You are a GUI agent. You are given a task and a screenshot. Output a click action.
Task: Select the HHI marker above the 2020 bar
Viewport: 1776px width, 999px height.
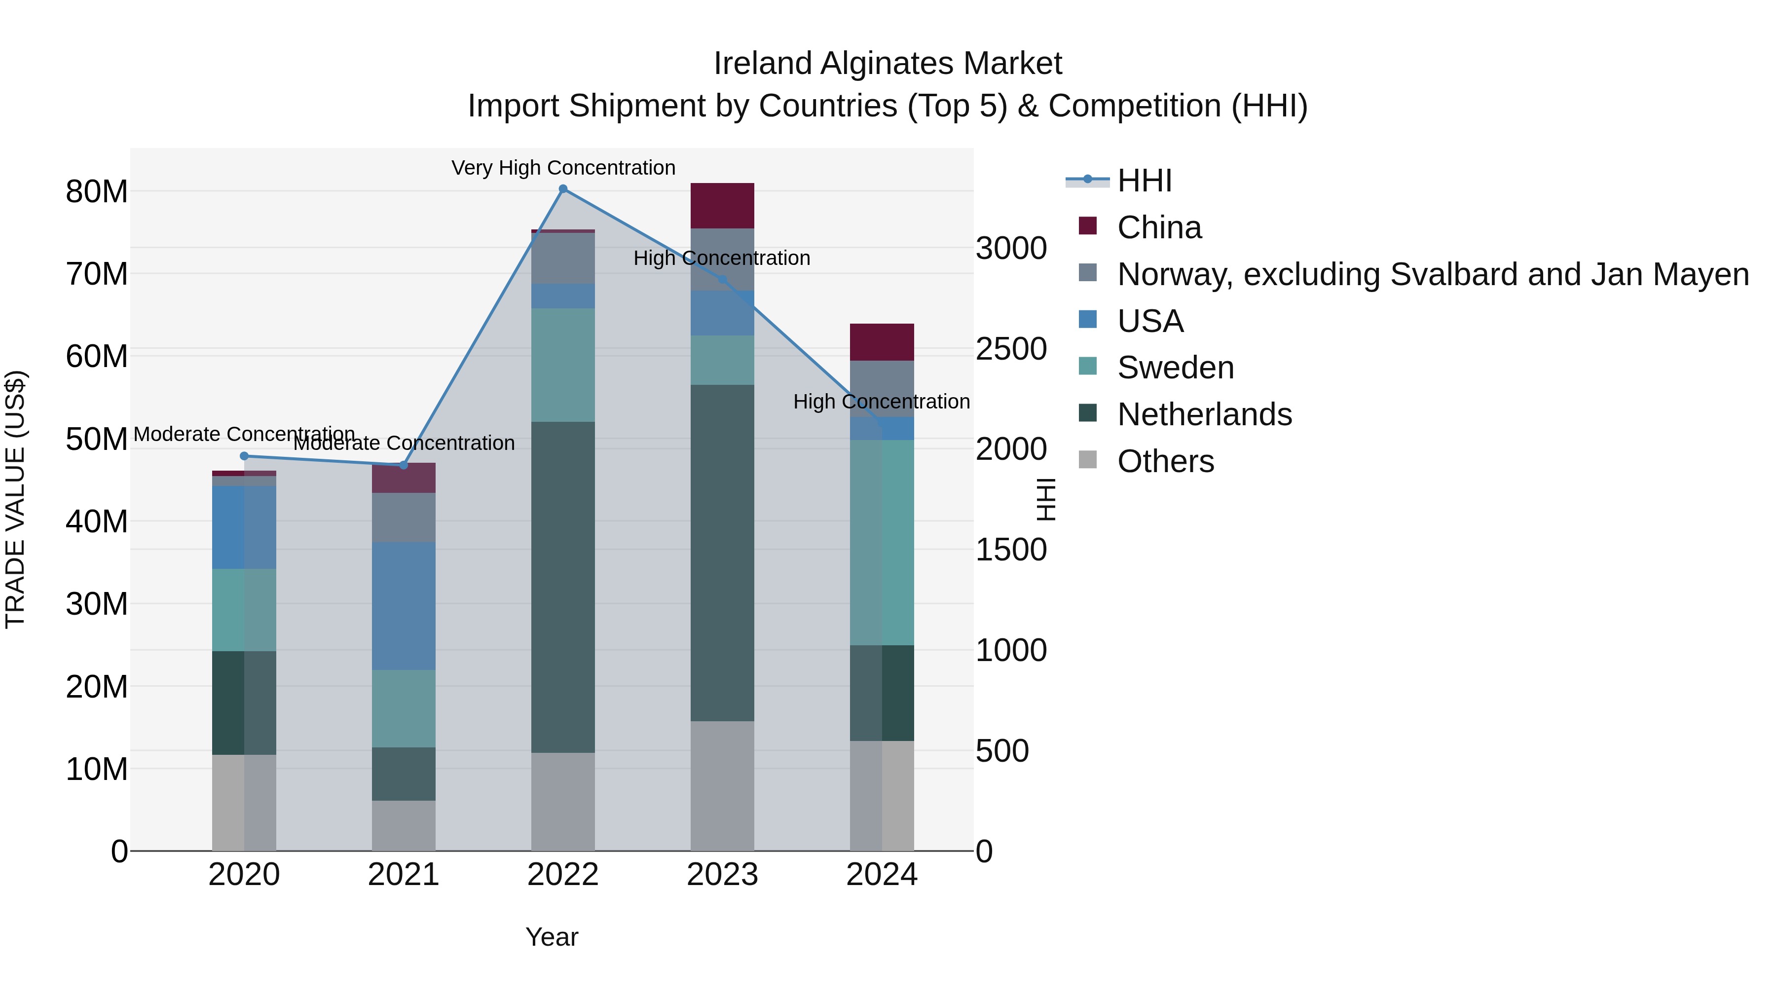[x=244, y=456]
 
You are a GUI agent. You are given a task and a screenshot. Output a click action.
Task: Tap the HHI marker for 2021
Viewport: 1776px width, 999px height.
[x=404, y=465]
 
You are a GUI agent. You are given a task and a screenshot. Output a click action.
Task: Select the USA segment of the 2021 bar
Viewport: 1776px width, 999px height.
[x=404, y=605]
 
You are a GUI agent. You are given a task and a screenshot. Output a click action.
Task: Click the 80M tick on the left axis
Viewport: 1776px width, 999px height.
[x=97, y=192]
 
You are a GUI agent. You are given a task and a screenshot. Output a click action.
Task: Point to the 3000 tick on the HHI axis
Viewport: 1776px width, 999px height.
[x=1011, y=248]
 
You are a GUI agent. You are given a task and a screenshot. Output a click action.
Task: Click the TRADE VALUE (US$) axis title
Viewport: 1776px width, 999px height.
[x=15, y=499]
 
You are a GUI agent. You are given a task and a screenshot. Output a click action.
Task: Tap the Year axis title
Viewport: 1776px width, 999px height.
[x=552, y=937]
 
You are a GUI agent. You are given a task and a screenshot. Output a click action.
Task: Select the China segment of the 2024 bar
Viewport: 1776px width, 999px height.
[x=881, y=342]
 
